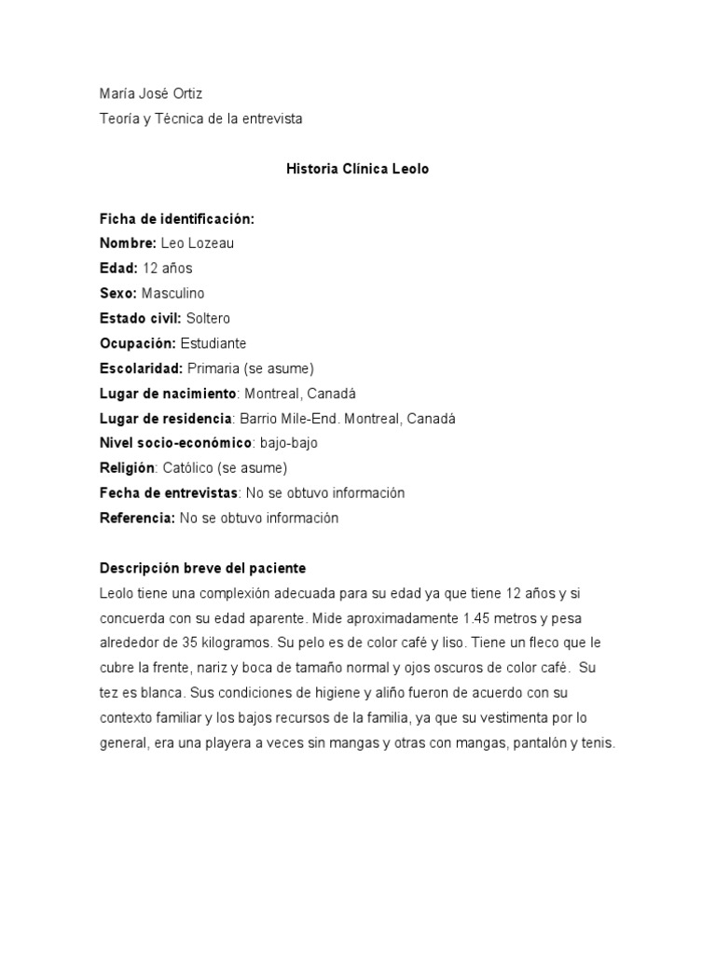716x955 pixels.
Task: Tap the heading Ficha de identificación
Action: click(176, 219)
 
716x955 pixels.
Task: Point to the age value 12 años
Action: click(168, 269)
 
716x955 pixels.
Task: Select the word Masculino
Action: click(172, 294)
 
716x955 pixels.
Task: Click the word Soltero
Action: click(208, 319)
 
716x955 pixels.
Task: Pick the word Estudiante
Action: click(213, 343)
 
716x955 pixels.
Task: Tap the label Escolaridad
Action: click(141, 368)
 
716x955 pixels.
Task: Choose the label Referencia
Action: click(137, 518)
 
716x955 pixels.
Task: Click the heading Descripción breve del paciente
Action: click(202, 568)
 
